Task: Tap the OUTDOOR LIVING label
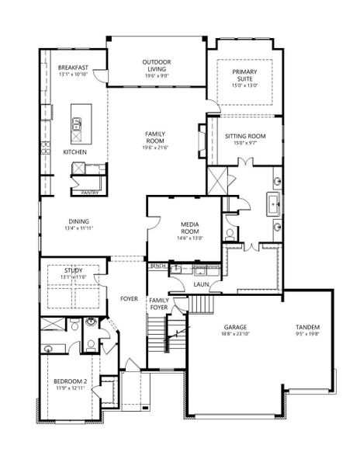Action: (156, 65)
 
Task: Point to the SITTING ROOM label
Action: (245, 136)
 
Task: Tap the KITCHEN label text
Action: (75, 151)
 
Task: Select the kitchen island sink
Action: (77, 123)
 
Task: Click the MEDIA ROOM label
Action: (190, 228)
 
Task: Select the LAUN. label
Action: (202, 285)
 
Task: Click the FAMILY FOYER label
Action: (159, 304)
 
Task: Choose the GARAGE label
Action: (235, 327)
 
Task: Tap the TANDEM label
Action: (307, 327)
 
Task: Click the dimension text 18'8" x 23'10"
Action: (235, 335)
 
